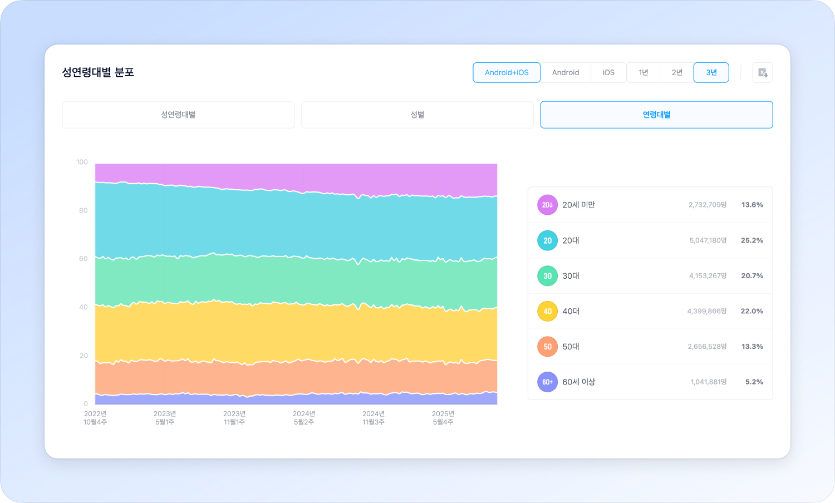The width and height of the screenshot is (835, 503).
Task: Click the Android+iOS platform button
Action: (507, 72)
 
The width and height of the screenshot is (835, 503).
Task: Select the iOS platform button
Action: (608, 72)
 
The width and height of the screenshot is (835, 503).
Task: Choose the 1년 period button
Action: (644, 72)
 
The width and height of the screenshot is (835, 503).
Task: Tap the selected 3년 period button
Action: (711, 72)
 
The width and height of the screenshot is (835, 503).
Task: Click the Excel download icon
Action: (763, 73)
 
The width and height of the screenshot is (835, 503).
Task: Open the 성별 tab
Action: (417, 115)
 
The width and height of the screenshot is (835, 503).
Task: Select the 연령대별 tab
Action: (656, 115)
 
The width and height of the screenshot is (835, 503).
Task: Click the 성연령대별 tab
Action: (178, 115)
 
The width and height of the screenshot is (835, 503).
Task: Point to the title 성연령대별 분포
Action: (98, 72)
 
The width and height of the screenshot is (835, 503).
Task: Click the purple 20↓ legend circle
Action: (547, 205)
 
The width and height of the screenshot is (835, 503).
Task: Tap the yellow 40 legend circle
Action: (547, 311)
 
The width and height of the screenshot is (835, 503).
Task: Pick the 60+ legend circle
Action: (547, 382)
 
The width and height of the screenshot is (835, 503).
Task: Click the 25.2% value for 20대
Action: (751, 240)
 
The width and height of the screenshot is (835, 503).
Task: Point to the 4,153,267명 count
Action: (708, 276)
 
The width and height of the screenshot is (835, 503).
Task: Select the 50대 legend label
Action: (571, 347)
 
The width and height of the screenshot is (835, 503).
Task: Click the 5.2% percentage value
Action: (754, 382)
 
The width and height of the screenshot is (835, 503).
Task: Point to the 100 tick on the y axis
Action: (82, 162)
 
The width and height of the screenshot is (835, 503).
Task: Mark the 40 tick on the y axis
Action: (83, 307)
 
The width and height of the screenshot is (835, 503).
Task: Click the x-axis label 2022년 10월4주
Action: (95, 418)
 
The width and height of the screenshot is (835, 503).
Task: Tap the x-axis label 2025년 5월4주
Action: (443, 418)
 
